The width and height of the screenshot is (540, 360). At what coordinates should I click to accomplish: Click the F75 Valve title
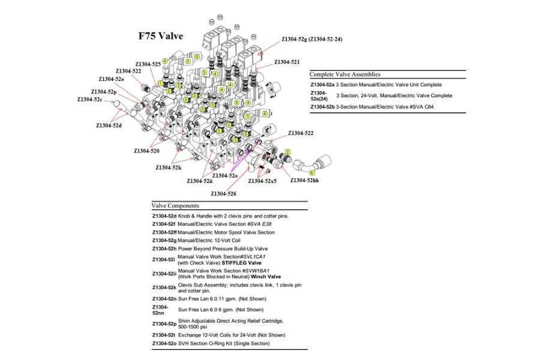click(161, 37)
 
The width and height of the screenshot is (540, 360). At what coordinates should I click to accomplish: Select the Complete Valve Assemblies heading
click(344, 74)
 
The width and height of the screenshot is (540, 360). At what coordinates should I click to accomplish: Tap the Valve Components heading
click(175, 206)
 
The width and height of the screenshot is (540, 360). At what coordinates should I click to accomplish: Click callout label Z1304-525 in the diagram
click(148, 64)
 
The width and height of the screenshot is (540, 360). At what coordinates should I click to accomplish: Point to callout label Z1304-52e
click(112, 79)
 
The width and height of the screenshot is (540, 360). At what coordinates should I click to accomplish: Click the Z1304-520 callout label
click(146, 151)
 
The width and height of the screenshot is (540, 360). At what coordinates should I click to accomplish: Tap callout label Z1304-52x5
click(263, 181)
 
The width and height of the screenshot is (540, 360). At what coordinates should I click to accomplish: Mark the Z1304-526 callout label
click(223, 193)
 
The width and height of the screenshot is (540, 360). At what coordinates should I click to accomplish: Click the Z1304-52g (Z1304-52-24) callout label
click(312, 40)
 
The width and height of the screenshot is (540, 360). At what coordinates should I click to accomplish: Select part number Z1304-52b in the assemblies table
click(322, 107)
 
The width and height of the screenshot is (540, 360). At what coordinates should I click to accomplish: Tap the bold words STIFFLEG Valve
click(242, 263)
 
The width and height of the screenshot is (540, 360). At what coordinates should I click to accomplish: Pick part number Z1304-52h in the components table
click(163, 248)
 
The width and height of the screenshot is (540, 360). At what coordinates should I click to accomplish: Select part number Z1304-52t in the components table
click(163, 335)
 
